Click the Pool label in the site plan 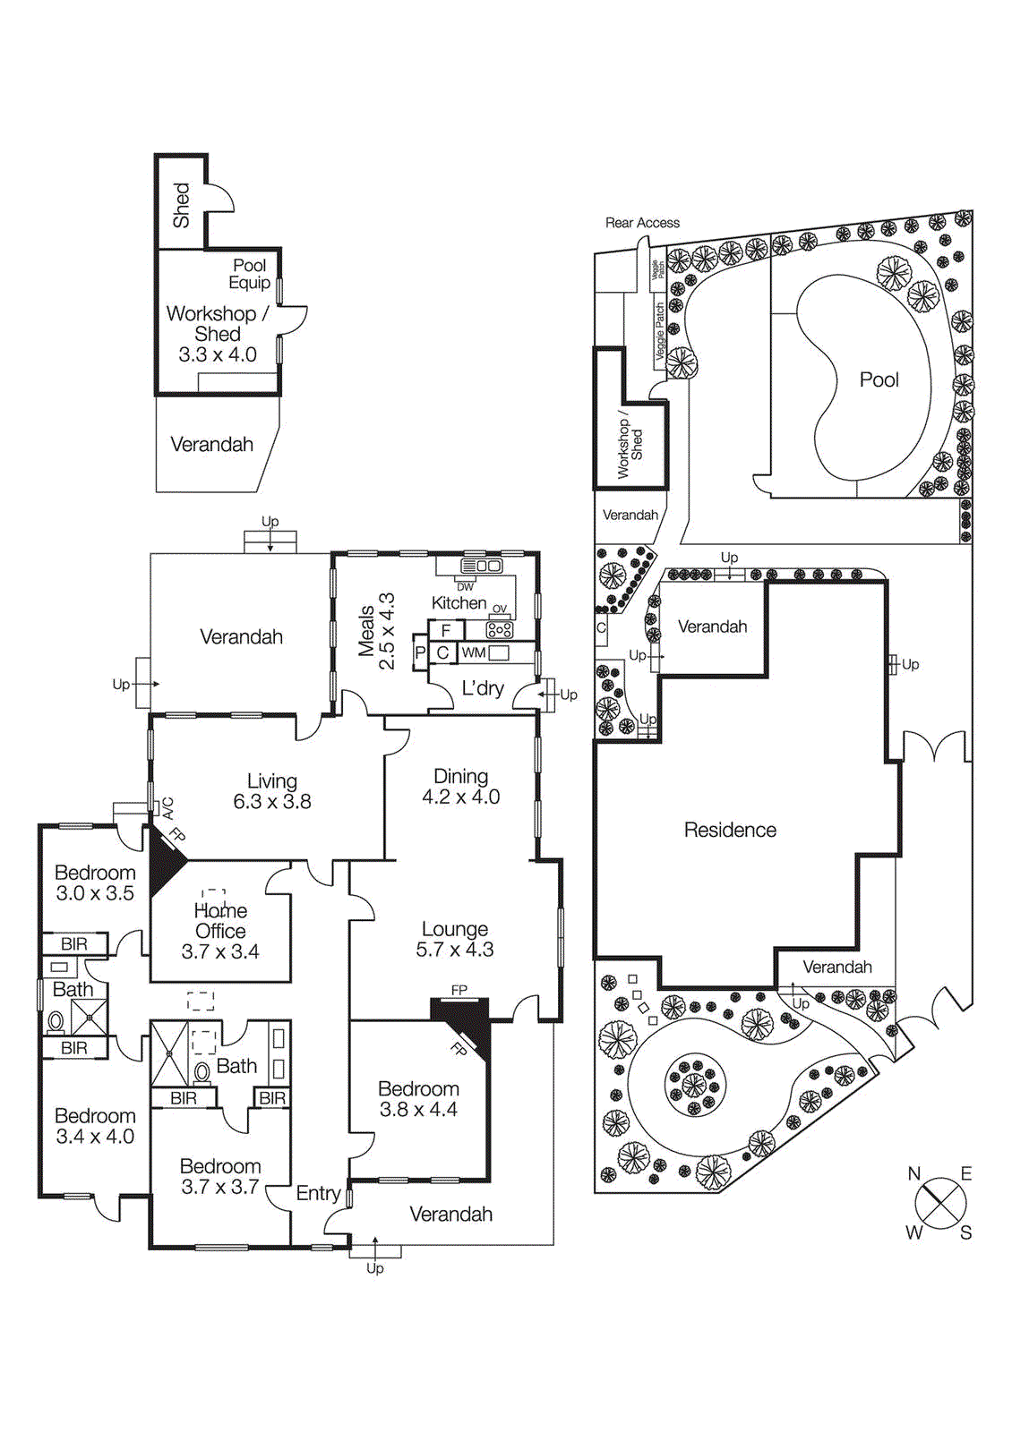[x=879, y=379]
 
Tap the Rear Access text [x=642, y=223]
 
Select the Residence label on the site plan [x=730, y=830]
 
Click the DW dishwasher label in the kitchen [x=466, y=587]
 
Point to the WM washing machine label [x=474, y=653]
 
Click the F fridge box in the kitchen [x=445, y=631]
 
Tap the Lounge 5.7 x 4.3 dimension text [x=455, y=950]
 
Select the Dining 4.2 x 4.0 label [x=460, y=787]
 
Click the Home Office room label [x=220, y=921]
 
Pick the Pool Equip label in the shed [x=249, y=274]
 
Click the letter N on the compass [x=913, y=1173]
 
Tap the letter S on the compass [x=965, y=1232]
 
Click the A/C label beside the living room [x=167, y=808]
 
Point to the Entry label [x=318, y=1193]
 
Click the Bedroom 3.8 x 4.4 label [x=418, y=1099]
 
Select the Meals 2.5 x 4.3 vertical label [x=377, y=631]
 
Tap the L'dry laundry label [x=483, y=688]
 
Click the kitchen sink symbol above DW [x=481, y=566]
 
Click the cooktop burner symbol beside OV [x=500, y=629]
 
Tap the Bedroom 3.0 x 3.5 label [x=95, y=882]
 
